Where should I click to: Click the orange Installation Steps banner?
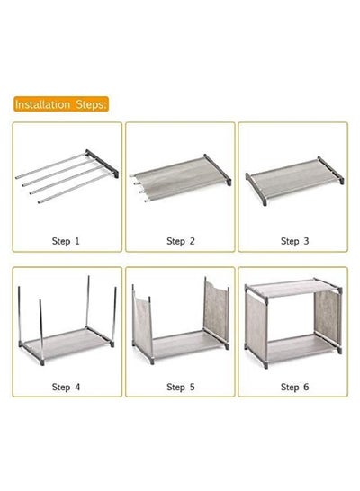pos(61,104)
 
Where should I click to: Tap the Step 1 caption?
pos(66,241)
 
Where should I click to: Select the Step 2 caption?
pos(181,241)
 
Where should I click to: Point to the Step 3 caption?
pos(294,241)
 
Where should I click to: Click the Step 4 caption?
pos(66,387)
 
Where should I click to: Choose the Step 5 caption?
pos(181,387)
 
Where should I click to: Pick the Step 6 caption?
pos(294,387)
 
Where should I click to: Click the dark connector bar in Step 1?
pos(102,163)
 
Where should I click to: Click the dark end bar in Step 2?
pos(218,169)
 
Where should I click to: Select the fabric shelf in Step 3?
pos(293,178)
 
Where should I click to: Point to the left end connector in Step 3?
pos(256,189)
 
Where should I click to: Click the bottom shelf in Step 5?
pos(184,344)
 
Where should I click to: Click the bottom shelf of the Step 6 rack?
pos(298,348)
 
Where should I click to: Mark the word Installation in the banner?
pos(42,104)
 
